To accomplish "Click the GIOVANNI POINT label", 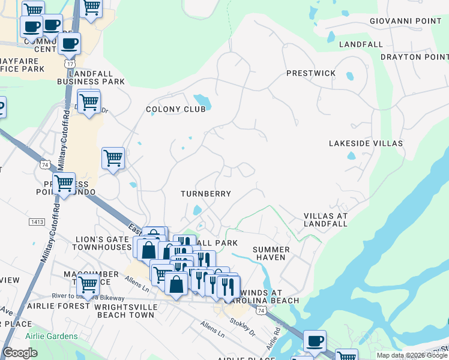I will [405, 21].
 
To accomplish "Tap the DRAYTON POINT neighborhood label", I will [414, 57].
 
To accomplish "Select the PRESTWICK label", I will [311, 73].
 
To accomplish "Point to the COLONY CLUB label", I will [176, 109].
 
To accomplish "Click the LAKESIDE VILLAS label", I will [364, 143].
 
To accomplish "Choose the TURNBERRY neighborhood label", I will [206, 194].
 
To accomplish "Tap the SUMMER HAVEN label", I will [271, 254].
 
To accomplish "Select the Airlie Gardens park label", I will [51, 336].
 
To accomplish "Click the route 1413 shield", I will [37, 222].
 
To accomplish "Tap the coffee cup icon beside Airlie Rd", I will [315, 341].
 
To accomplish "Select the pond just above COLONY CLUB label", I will [199, 99].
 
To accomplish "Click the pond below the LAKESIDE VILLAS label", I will [351, 157].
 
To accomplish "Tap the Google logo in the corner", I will [20, 353].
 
